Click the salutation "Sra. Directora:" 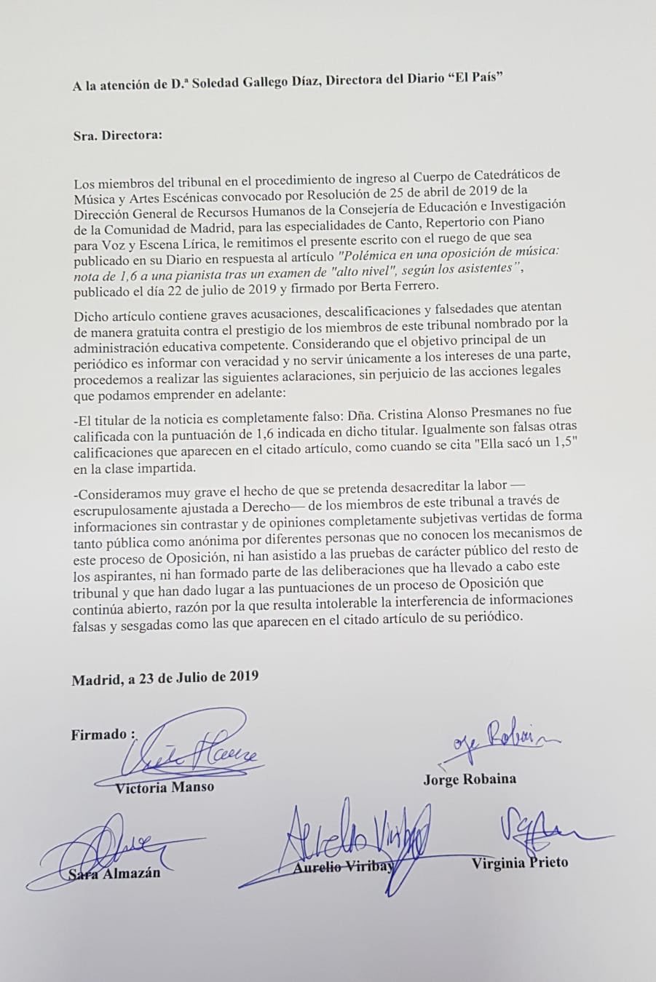(x=118, y=135)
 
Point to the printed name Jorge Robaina (x=470, y=779)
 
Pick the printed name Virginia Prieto (x=520, y=863)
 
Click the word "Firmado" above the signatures (x=99, y=734)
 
